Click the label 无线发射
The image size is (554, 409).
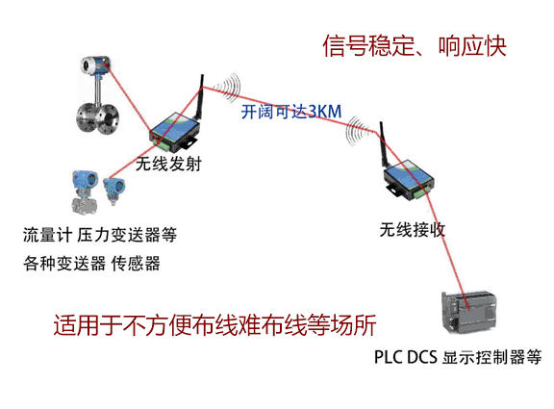click(168, 164)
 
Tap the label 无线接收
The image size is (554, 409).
click(413, 230)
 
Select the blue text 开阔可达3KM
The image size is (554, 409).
click(291, 112)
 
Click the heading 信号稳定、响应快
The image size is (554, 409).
click(415, 46)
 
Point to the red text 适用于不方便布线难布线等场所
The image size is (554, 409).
click(214, 325)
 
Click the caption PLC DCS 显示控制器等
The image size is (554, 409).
click(458, 357)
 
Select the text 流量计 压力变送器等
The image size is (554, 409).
click(100, 235)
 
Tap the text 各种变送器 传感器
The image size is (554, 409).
click(92, 264)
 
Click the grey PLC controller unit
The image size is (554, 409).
click(468, 312)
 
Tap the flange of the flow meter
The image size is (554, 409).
click(97, 118)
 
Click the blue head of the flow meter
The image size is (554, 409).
click(95, 64)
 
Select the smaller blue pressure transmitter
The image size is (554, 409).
click(113, 191)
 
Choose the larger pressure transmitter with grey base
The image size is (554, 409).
click(84, 192)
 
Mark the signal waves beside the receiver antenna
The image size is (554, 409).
click(357, 131)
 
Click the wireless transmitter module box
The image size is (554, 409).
click(174, 131)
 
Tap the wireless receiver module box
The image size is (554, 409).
click(409, 180)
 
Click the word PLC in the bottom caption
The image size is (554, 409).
click(389, 357)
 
